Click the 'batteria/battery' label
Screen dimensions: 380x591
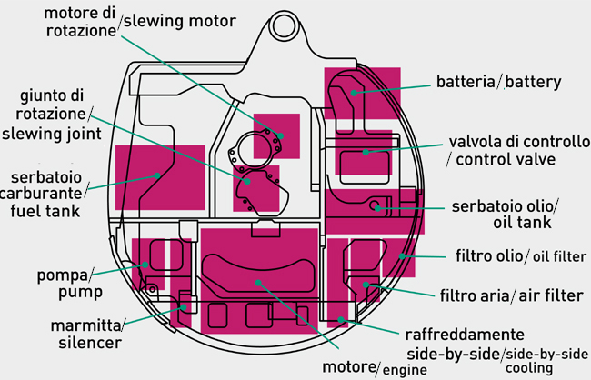(x=498, y=83)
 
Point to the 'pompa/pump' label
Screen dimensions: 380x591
(x=65, y=283)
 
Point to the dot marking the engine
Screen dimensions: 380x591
(x=260, y=282)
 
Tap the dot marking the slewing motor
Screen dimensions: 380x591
(x=281, y=135)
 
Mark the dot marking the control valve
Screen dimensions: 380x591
(x=366, y=152)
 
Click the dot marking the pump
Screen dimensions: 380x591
(x=145, y=265)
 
